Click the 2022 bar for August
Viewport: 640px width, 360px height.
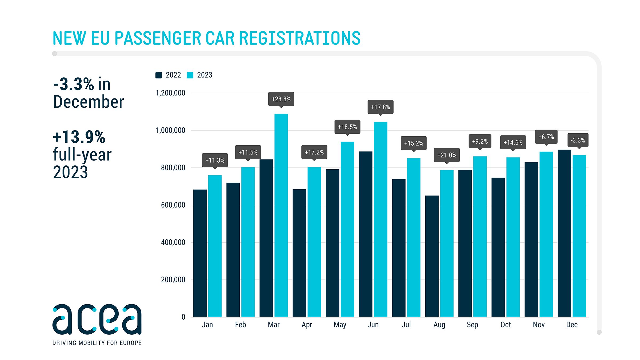pyautogui.click(x=432, y=256)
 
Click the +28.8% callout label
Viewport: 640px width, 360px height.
pyautogui.click(x=281, y=99)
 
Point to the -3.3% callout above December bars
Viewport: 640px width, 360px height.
pyautogui.click(x=578, y=140)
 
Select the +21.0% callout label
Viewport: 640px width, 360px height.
pyautogui.click(x=447, y=155)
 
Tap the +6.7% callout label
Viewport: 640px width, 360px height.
pyautogui.click(x=546, y=137)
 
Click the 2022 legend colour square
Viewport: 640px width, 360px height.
pyautogui.click(x=159, y=75)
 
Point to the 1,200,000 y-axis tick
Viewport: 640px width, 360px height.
pyautogui.click(x=170, y=93)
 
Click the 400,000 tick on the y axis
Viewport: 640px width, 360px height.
pyautogui.click(x=173, y=242)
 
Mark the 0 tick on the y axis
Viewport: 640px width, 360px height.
pyautogui.click(x=183, y=317)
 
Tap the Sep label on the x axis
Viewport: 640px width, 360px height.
pyautogui.click(x=472, y=325)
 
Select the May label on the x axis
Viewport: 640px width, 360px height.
pyautogui.click(x=340, y=325)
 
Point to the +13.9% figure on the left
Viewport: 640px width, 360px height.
pyautogui.click(x=79, y=137)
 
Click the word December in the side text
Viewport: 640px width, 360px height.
pyautogui.click(x=89, y=102)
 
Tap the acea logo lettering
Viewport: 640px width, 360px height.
pyautogui.click(x=97, y=319)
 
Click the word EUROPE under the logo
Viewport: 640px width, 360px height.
pyautogui.click(x=130, y=343)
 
